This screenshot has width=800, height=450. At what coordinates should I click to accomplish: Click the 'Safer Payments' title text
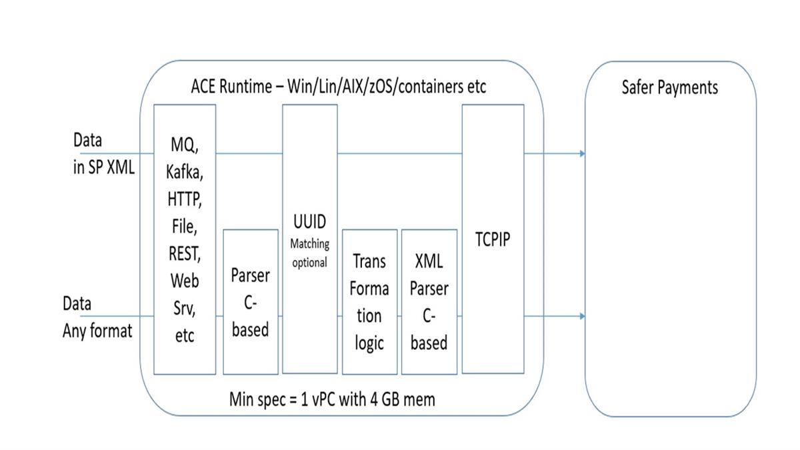tap(669, 87)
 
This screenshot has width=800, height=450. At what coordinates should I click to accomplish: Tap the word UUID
tap(309, 222)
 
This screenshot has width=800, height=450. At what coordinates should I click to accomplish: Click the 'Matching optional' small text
tap(309, 253)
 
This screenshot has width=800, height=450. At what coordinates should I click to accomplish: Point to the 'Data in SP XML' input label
tap(103, 153)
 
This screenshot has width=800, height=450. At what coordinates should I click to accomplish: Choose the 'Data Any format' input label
tap(97, 317)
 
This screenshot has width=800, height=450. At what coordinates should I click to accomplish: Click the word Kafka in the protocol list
tap(184, 172)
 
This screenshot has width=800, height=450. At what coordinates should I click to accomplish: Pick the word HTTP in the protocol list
tap(184, 199)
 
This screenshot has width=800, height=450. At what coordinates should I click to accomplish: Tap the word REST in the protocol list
tap(184, 253)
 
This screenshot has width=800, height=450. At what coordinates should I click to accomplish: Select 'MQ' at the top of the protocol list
tap(183, 145)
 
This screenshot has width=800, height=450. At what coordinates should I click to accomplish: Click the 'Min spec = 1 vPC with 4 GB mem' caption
tap(331, 399)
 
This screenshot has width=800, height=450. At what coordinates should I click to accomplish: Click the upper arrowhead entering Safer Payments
tap(582, 154)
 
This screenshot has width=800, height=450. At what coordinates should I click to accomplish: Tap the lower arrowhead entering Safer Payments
tap(582, 316)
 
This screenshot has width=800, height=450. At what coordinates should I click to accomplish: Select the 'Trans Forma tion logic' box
tap(369, 301)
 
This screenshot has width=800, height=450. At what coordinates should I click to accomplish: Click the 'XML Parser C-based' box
tap(429, 301)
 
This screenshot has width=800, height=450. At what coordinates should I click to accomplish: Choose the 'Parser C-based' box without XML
tap(250, 301)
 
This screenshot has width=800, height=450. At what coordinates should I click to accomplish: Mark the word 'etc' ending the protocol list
tap(184, 336)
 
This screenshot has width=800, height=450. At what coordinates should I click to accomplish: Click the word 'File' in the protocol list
tap(184, 226)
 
